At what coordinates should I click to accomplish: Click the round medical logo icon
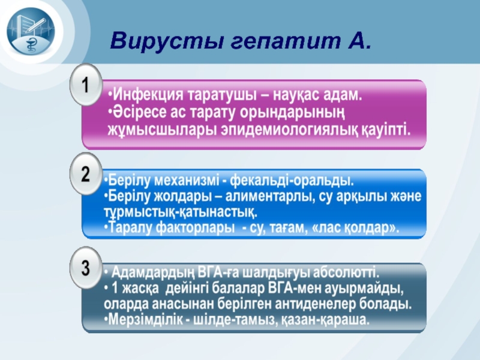(31, 31)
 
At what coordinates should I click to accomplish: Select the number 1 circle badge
(86, 85)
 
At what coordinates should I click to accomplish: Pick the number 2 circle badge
(86, 174)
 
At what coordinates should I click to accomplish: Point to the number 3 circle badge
(86, 268)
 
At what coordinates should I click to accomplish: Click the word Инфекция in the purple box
(148, 95)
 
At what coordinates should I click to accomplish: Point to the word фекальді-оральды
(292, 180)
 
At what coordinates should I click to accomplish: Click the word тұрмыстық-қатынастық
(181, 212)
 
